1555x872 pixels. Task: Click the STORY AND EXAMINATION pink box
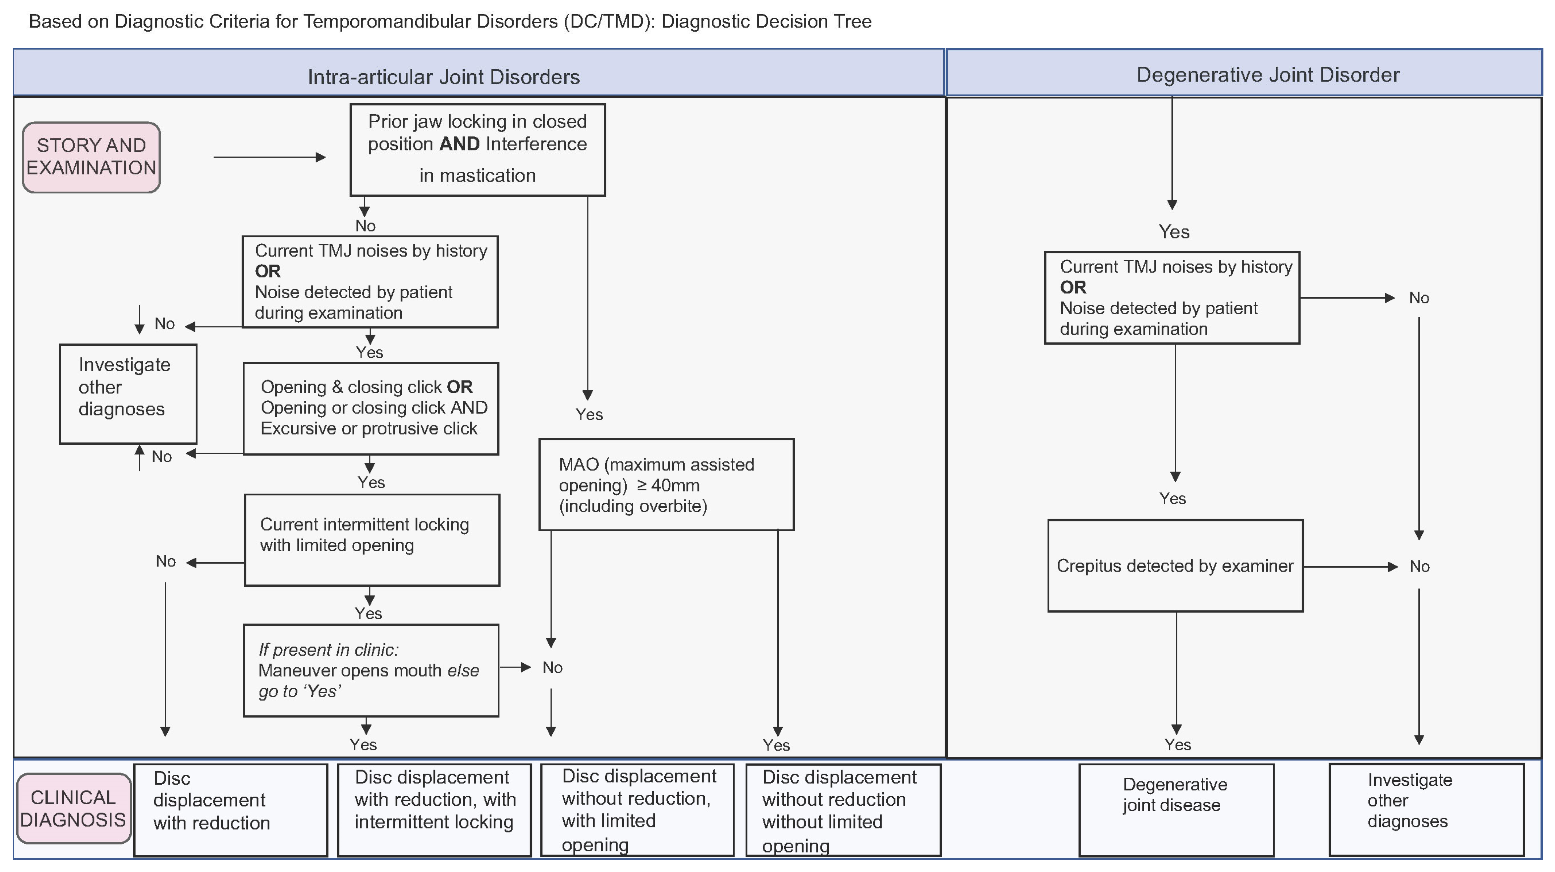91,157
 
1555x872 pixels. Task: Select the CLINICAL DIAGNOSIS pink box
73,809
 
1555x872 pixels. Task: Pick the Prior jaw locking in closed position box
477,150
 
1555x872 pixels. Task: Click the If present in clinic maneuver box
371,670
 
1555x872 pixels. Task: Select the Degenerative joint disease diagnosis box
1176,810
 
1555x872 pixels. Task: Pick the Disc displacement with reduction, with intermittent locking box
434,810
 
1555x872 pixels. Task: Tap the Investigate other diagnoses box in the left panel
128,394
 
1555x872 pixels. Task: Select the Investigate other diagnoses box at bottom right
1426,810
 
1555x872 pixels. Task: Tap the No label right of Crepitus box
1419,566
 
